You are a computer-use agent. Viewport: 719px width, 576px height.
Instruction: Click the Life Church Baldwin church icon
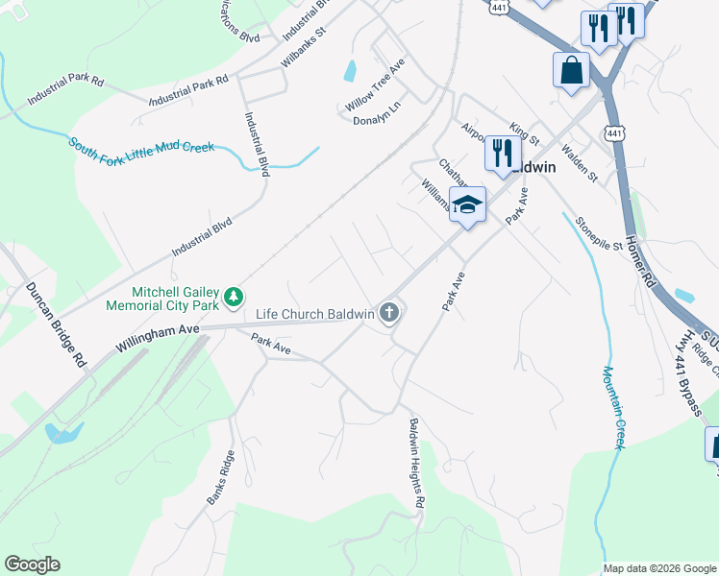pyautogui.click(x=389, y=313)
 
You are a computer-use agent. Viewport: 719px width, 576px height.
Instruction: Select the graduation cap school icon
pyautogui.click(x=467, y=205)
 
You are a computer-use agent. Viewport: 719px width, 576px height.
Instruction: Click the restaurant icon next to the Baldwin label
pyautogui.click(x=502, y=155)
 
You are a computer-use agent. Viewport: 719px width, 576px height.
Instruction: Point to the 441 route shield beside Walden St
pyautogui.click(x=615, y=132)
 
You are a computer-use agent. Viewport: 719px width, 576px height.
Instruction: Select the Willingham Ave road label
pyautogui.click(x=158, y=335)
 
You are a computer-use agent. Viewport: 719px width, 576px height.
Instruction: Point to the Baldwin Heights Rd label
pyautogui.click(x=416, y=463)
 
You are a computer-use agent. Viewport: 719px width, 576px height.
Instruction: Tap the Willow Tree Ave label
pyautogui.click(x=376, y=93)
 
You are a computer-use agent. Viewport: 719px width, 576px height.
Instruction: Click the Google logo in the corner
pyautogui.click(x=32, y=564)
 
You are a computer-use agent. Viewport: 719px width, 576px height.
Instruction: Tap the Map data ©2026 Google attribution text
pyautogui.click(x=659, y=568)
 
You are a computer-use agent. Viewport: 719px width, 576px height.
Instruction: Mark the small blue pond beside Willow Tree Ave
pyautogui.click(x=350, y=70)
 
